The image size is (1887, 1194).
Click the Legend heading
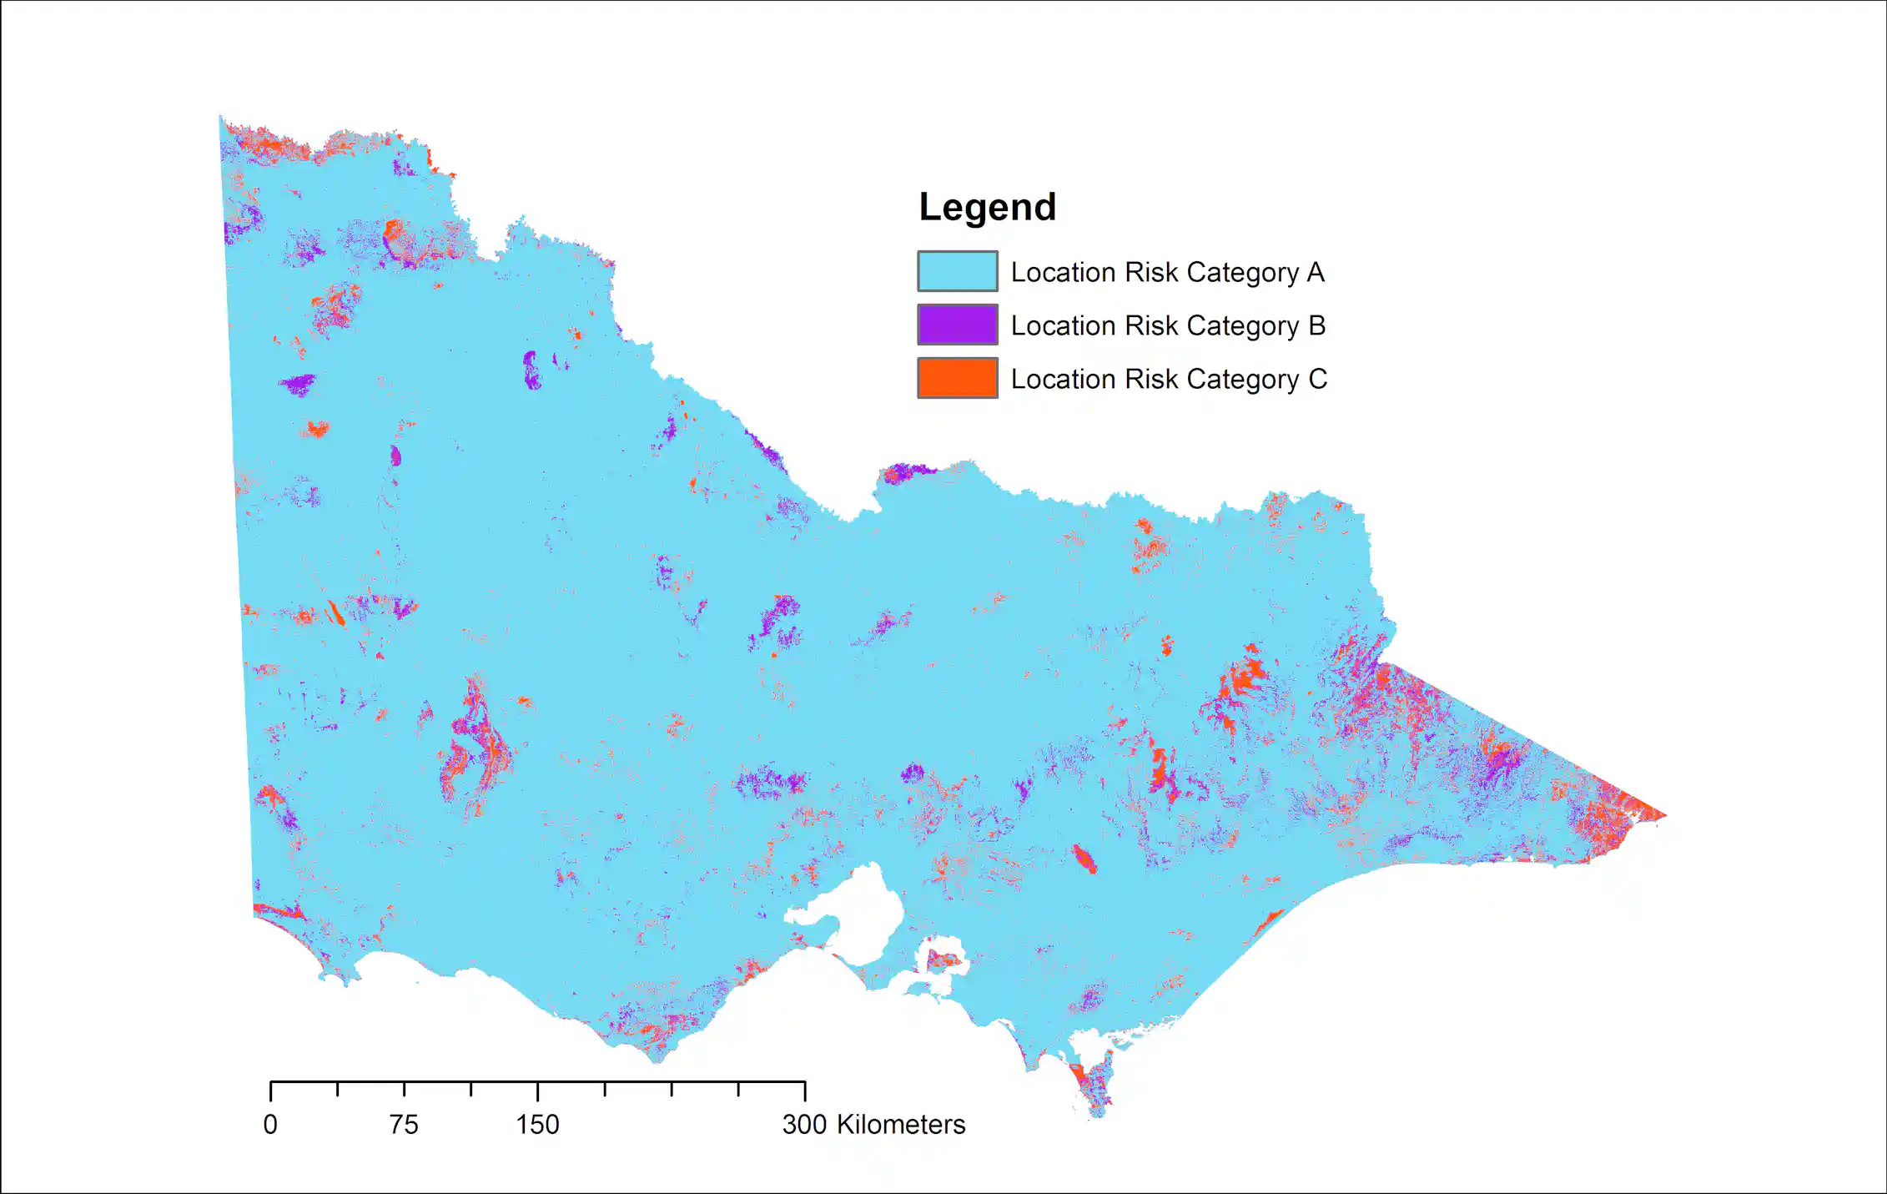(x=987, y=207)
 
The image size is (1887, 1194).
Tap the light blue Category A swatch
(x=957, y=271)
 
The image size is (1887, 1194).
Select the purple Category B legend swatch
(x=957, y=325)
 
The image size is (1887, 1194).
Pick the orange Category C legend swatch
(x=957, y=378)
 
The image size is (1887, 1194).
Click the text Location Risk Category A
(x=1167, y=272)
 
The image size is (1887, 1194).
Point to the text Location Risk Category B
(x=1167, y=325)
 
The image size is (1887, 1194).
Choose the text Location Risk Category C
(x=1168, y=379)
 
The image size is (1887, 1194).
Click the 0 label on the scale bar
(x=270, y=1125)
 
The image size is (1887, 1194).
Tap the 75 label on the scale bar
(x=404, y=1125)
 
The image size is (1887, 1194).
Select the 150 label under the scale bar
(x=537, y=1125)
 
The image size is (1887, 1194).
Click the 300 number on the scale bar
(x=804, y=1125)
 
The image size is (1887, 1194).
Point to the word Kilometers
(x=900, y=1125)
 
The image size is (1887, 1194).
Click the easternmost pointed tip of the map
(x=1665, y=815)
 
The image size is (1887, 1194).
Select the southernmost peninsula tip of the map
(x=1096, y=1115)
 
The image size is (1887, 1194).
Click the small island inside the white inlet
(x=944, y=960)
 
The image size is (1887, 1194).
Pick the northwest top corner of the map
(x=221, y=119)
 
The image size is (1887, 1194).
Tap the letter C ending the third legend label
(x=1317, y=379)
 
